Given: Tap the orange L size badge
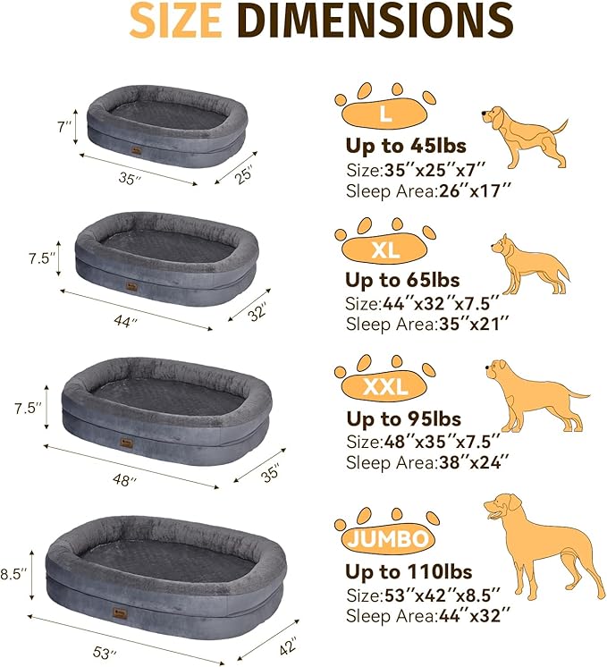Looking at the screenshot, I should pyautogui.click(x=384, y=114).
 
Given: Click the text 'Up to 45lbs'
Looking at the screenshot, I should pyautogui.click(x=406, y=147).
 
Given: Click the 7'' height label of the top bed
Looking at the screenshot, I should pyautogui.click(x=63, y=128).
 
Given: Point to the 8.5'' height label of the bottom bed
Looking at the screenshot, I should pyautogui.click(x=13, y=572).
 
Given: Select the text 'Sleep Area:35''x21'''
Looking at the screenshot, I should pyautogui.click(x=427, y=323).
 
